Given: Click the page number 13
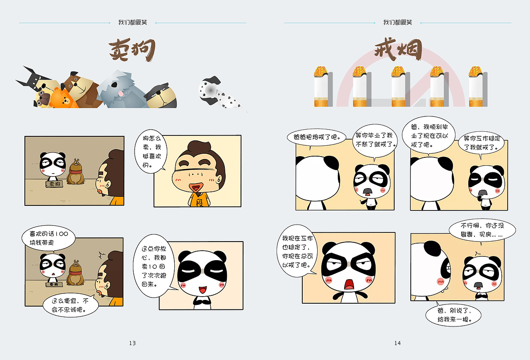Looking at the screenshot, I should [132, 343].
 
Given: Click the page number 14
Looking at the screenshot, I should [397, 343].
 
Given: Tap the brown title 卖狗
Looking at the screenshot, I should [132, 50].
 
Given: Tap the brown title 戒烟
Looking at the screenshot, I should [397, 51].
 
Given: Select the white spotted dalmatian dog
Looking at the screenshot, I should [219, 93].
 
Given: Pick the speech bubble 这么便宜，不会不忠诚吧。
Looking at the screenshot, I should [71, 305].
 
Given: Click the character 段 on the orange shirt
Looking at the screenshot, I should [199, 203].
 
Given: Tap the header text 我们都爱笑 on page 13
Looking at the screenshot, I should [132, 22].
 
